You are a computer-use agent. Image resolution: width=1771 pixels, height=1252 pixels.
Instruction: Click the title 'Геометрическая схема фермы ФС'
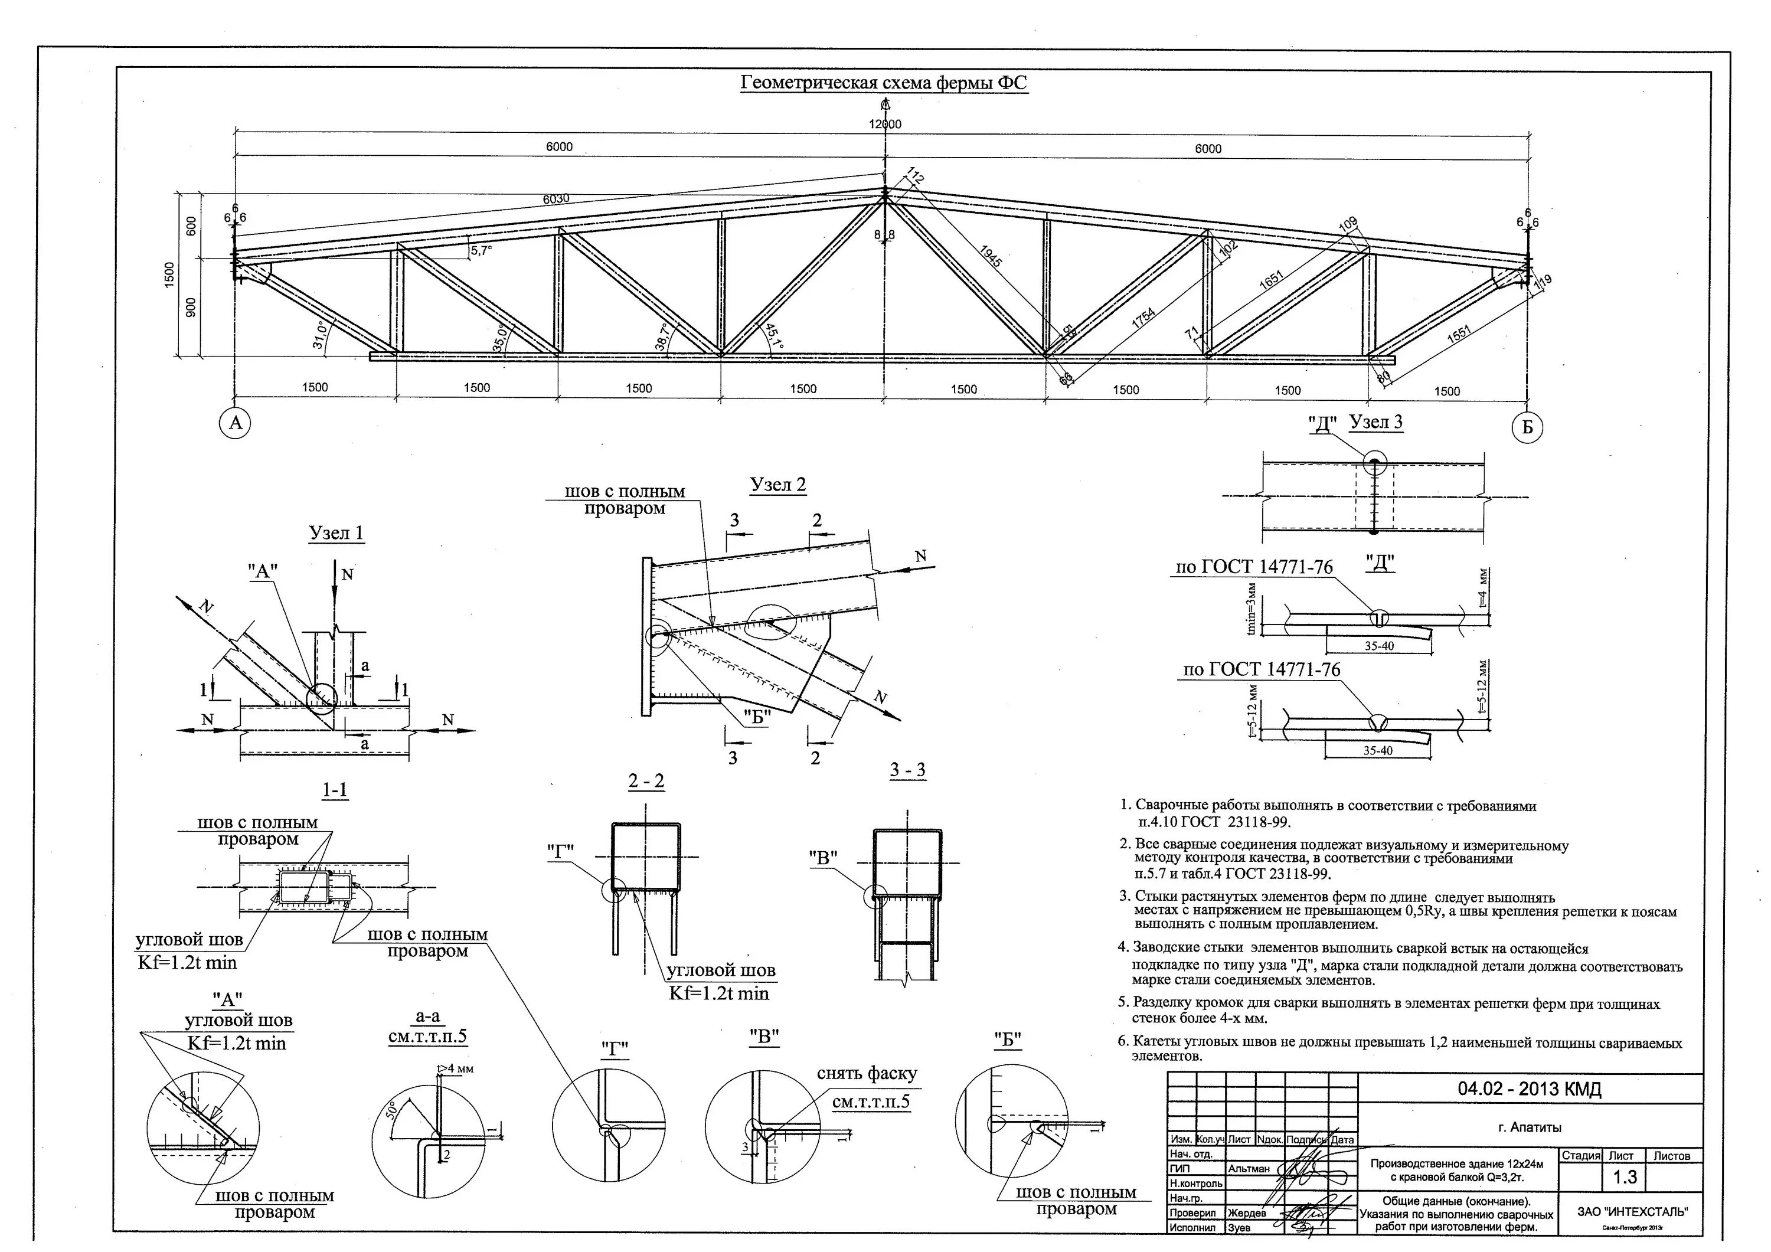883,83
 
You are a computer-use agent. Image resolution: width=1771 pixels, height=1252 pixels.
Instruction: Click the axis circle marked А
236,422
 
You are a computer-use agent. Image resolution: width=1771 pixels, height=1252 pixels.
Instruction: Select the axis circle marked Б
1527,427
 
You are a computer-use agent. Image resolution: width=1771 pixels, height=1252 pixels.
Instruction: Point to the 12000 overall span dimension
885,124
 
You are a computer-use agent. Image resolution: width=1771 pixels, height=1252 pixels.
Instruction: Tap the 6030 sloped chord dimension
556,199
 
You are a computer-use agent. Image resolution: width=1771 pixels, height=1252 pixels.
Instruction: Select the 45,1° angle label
774,337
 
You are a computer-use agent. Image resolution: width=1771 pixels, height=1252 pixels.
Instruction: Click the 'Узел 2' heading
777,485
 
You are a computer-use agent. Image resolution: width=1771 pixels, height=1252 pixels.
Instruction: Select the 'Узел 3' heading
1375,422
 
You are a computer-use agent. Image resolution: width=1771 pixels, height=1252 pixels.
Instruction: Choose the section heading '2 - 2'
646,782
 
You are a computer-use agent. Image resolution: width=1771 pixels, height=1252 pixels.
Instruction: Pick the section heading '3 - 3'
907,769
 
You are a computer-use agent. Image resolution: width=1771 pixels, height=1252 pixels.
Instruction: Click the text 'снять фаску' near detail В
867,1073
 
